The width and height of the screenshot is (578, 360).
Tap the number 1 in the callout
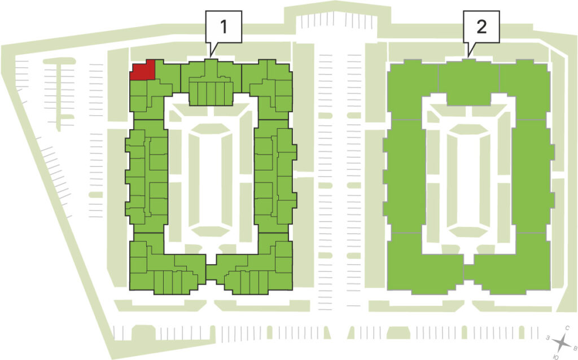tap(224, 27)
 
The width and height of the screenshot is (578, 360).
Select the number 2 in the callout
tap(481, 27)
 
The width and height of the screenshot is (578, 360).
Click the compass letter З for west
tap(548, 337)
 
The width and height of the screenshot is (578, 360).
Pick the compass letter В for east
tap(574, 348)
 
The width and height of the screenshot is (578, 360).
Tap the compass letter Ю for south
tap(556, 357)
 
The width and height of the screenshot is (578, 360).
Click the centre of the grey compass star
tap(562, 343)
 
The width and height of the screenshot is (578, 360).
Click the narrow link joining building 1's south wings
tap(211, 273)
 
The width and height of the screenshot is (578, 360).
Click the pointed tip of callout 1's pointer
tap(210, 57)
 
